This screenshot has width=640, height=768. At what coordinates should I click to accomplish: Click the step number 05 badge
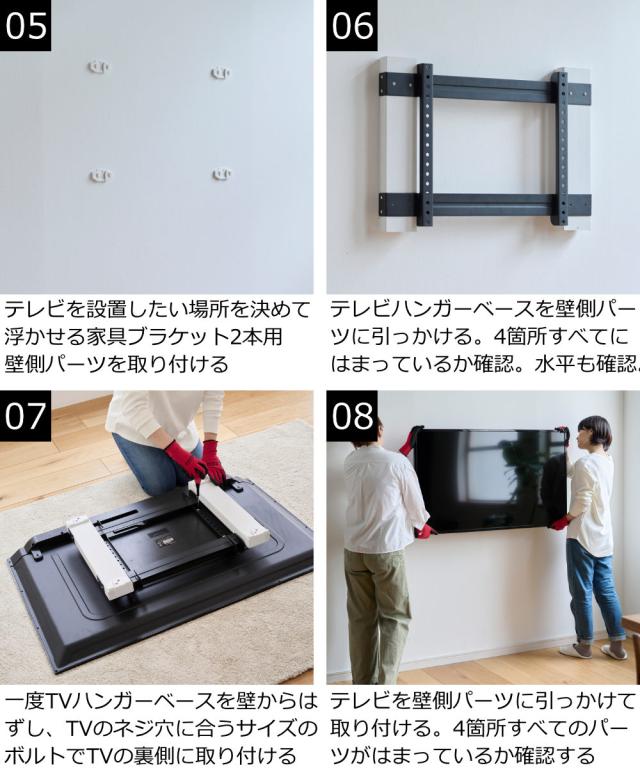click(x=25, y=25)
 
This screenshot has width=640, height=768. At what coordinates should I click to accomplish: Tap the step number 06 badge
click(x=352, y=25)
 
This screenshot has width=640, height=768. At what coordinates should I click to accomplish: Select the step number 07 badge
click(x=25, y=416)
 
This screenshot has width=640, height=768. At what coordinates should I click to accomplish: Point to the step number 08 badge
click(x=352, y=416)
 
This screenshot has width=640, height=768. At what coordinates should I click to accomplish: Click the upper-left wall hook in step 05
click(x=99, y=67)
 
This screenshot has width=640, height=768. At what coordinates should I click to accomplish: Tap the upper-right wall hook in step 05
click(x=220, y=73)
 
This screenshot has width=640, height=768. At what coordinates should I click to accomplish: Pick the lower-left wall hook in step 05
click(x=100, y=175)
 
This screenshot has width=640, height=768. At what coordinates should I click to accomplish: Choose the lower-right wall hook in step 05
click(x=222, y=174)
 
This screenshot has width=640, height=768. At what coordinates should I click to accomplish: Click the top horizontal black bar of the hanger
click(x=485, y=86)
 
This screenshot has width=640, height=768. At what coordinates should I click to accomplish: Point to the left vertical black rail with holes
click(x=426, y=144)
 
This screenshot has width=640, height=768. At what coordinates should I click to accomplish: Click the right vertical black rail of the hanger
click(x=561, y=147)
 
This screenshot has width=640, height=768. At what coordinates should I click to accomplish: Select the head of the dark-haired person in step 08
click(x=594, y=433)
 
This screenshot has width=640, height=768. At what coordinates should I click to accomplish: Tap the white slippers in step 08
click(x=593, y=651)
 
